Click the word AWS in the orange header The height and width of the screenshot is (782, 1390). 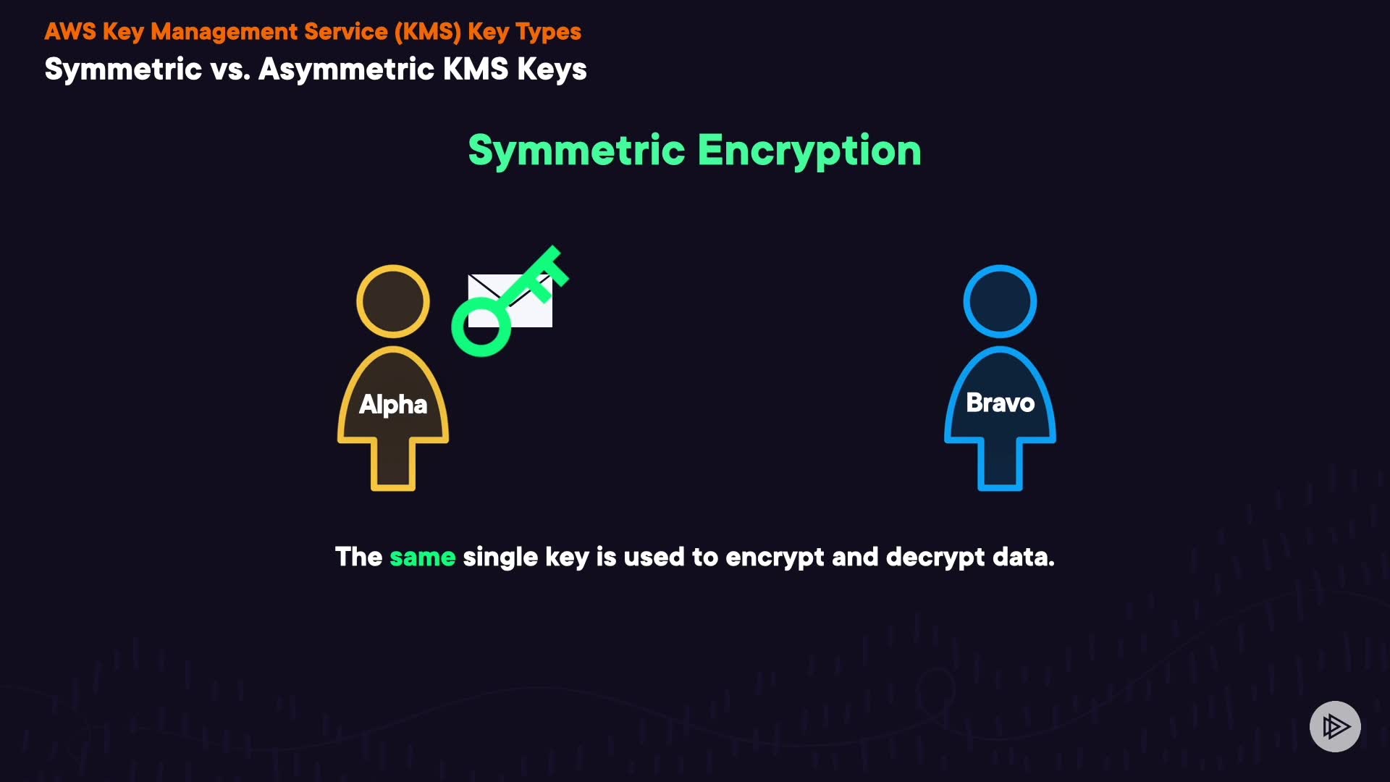click(x=70, y=32)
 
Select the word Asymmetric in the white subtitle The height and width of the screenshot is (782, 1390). click(x=346, y=70)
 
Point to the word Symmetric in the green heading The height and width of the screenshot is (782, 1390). click(x=576, y=151)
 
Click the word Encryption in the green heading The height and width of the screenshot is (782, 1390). click(x=809, y=151)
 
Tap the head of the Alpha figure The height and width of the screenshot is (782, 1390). click(x=393, y=301)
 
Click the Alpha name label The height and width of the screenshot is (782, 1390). click(x=393, y=404)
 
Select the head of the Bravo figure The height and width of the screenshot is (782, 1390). click(x=1000, y=301)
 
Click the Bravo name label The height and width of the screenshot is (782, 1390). click(x=1000, y=403)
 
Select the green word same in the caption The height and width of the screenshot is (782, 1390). click(x=422, y=557)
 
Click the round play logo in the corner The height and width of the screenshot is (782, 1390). click(x=1335, y=726)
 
